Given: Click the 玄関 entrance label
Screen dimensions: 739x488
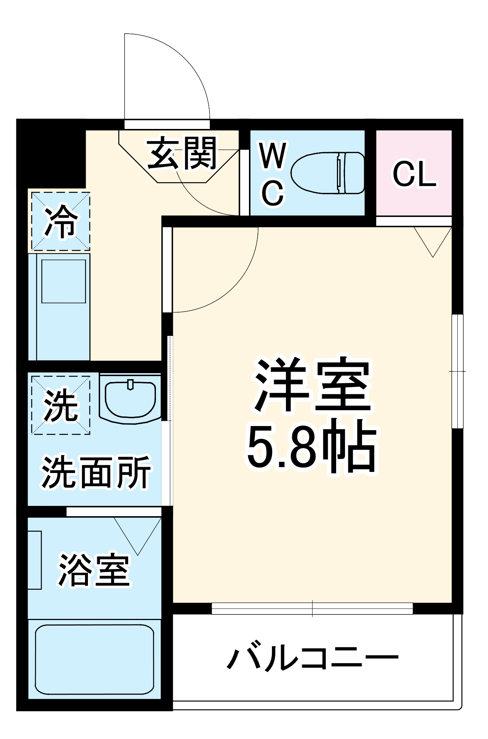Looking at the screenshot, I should [x=182, y=153].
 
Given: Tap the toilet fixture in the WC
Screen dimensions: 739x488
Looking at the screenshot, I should [x=327, y=173].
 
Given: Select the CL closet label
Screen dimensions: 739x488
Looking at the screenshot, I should [x=414, y=174].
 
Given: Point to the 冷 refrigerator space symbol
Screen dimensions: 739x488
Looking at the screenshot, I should [x=61, y=221].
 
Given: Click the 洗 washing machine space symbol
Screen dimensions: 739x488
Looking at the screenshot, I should [x=61, y=405].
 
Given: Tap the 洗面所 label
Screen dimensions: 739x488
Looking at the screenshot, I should [x=96, y=472].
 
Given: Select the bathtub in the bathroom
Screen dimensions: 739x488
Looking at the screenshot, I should [x=95, y=660].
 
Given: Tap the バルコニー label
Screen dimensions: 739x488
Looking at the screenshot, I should [x=313, y=658].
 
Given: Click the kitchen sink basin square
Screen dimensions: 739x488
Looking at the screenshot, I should [x=64, y=281].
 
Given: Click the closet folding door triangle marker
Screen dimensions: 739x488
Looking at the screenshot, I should [x=433, y=241].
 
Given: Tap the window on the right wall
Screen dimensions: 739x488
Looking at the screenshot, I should [x=457, y=371].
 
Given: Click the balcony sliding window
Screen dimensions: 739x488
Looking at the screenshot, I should [x=312, y=608].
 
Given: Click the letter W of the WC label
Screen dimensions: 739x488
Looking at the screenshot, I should [x=273, y=156].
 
